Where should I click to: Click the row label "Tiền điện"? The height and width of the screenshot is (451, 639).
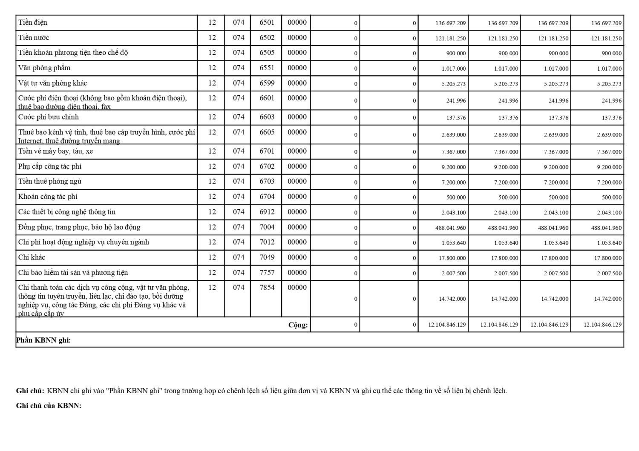tap(33, 23)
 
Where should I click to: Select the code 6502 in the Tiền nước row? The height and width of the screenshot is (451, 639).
tap(267, 37)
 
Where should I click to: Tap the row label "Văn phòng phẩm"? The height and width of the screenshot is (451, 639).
tap(44, 68)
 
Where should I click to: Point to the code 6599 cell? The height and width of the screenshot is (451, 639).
tap(267, 83)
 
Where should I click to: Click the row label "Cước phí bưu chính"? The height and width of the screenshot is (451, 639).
tap(49, 117)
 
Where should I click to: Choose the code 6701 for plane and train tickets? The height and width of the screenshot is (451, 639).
tap(267, 151)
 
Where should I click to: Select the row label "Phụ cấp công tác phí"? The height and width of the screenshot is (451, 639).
tap(50, 166)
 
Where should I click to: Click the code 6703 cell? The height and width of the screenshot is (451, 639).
tap(267, 181)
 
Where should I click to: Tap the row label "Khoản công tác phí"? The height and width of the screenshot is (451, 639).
tap(48, 197)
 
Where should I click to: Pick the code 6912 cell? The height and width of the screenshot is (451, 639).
tap(267, 212)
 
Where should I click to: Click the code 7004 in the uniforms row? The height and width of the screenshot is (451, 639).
tap(267, 227)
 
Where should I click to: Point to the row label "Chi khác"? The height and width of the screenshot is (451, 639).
tap(32, 257)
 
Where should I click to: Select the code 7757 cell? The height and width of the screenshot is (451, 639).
tap(267, 272)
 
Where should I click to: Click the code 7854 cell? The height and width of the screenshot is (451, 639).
tap(267, 287)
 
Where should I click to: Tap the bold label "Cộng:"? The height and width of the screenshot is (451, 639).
tap(298, 325)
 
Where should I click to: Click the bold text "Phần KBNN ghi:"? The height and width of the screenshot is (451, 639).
tap(43, 340)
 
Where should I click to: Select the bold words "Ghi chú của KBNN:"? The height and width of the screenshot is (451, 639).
tap(49, 405)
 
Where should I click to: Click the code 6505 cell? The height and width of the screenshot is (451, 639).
tap(267, 53)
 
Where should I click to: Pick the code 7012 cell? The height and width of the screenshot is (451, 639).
tap(267, 242)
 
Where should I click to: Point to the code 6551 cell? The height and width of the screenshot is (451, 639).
tap(267, 68)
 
